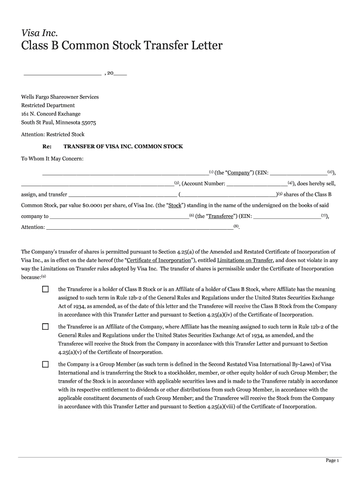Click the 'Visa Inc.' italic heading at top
[39, 32]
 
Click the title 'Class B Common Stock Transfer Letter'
[122, 46]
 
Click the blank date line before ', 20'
[62, 74]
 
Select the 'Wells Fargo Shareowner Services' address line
[60, 97]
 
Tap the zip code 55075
[89, 123]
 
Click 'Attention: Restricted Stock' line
[53, 134]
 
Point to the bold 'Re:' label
[47, 146]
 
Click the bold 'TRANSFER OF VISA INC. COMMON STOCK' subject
[123, 146]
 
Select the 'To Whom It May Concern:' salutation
[52, 159]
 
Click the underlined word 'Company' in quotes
[238, 173]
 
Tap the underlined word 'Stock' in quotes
[174, 205]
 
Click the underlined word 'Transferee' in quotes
[221, 217]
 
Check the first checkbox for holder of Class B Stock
[45, 290]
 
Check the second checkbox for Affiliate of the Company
[45, 327]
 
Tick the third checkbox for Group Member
[45, 364]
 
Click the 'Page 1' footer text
[332, 461]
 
